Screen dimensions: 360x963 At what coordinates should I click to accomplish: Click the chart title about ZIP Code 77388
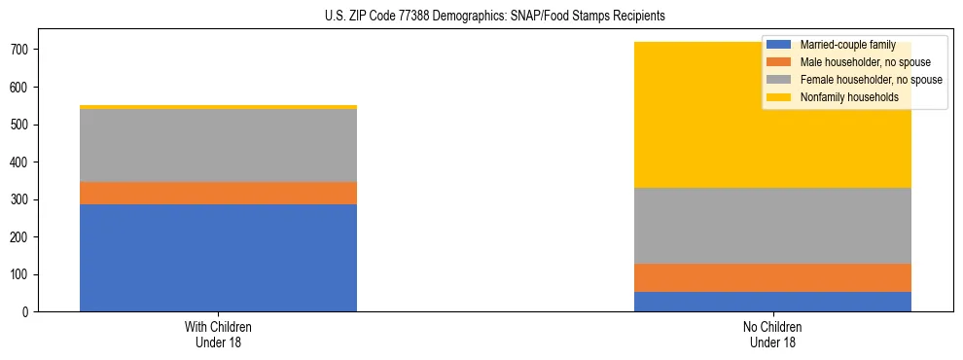[x=495, y=17]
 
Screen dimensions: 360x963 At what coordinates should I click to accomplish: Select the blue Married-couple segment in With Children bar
[x=218, y=258]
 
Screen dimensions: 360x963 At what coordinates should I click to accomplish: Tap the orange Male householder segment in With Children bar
[x=218, y=193]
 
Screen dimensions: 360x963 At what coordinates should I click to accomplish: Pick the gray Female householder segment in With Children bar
[x=218, y=145]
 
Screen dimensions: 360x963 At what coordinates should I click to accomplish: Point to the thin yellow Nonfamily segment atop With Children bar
[x=218, y=107]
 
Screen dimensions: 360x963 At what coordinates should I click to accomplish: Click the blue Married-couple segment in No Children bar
[x=772, y=302]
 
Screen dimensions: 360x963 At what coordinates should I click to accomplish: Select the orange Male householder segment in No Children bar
[x=772, y=277]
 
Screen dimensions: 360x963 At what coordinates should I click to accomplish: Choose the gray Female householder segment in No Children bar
[x=772, y=226]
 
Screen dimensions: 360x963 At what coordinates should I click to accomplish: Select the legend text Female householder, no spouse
[x=871, y=80]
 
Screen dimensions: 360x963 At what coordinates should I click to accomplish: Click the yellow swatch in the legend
[x=779, y=97]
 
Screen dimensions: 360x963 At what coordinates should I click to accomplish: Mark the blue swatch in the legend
[x=779, y=45]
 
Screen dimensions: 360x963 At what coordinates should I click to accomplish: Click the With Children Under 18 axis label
[x=218, y=335]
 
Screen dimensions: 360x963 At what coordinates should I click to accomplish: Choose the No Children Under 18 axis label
[x=772, y=335]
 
